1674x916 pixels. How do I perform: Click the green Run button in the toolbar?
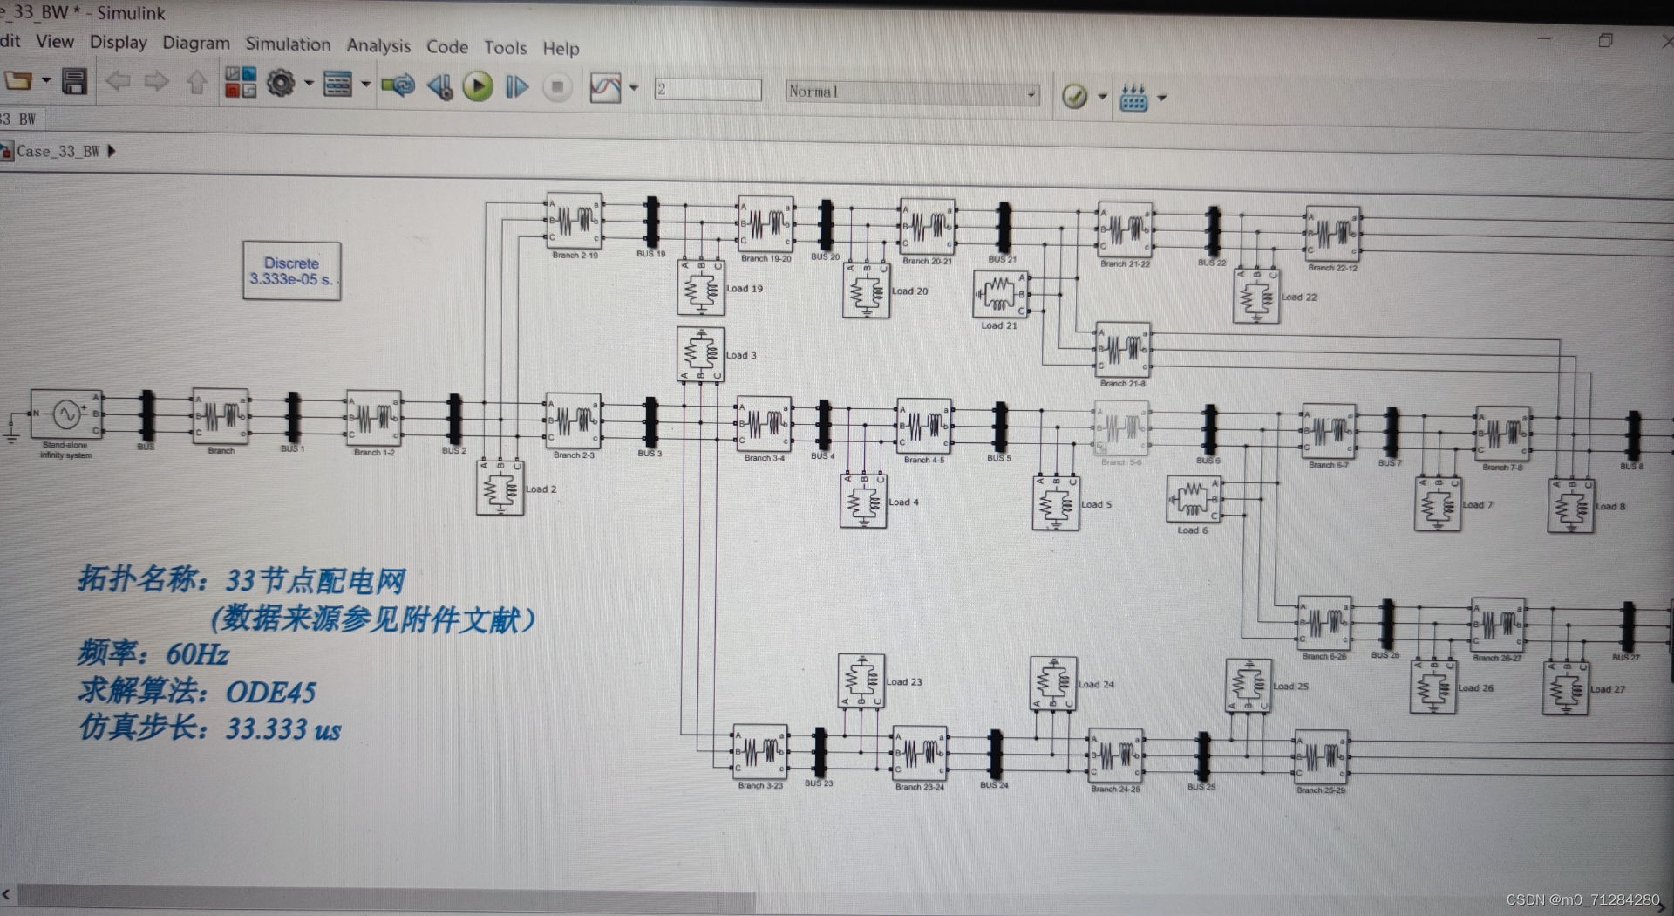tap(478, 86)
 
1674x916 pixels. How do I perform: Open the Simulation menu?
tap(288, 44)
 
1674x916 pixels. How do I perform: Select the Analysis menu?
tap(378, 45)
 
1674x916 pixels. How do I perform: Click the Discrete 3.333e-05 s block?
tap(291, 271)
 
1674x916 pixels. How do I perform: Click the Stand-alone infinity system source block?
tap(66, 414)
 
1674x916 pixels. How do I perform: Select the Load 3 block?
tap(700, 354)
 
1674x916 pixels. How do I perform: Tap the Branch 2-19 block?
tap(574, 221)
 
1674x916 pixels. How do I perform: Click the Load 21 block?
tap(1000, 295)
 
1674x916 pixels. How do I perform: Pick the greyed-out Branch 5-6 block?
tap(1121, 428)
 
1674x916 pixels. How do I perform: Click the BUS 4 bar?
tap(824, 425)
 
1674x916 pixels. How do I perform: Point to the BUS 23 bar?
tap(820, 752)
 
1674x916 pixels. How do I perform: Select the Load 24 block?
tap(1052, 683)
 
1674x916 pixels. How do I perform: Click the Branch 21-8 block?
tap(1123, 350)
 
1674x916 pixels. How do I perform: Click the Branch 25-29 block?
tap(1322, 757)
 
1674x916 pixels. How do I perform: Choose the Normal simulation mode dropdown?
tap(912, 92)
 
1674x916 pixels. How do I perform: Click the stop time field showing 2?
tap(707, 90)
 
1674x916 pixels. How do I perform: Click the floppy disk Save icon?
tap(74, 83)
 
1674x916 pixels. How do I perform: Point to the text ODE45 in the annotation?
tap(270, 693)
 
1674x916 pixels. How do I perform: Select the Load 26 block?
tap(1432, 687)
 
